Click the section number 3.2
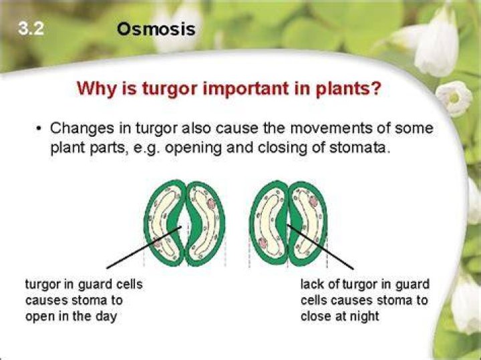(31, 29)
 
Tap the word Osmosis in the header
(156, 29)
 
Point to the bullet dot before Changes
(38, 128)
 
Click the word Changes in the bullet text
(82, 128)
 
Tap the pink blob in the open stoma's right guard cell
(212, 202)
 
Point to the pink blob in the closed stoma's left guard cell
(263, 243)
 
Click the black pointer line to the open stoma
(144, 248)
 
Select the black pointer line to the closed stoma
(320, 247)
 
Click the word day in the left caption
(106, 317)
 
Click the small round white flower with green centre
(454, 98)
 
